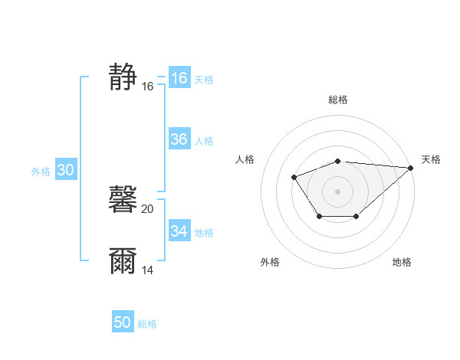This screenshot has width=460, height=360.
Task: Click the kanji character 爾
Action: [x=123, y=261]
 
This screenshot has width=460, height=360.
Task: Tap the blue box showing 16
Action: [x=179, y=78]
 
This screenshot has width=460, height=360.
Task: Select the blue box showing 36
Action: [x=179, y=139]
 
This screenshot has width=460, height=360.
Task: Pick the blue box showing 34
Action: [x=179, y=231]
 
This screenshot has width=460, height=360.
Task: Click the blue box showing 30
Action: [x=65, y=171]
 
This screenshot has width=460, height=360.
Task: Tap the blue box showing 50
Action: [x=123, y=322]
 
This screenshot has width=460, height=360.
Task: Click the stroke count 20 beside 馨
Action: [x=148, y=209]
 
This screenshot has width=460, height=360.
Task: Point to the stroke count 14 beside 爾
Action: [x=148, y=270]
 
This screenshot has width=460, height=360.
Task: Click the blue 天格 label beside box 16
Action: [x=204, y=79]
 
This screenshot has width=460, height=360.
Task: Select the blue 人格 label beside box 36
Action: [x=204, y=141]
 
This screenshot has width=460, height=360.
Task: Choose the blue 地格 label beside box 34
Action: [x=204, y=233]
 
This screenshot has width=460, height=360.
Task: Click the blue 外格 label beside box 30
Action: [x=41, y=172]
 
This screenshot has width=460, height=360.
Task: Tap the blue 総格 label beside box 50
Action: [x=147, y=324]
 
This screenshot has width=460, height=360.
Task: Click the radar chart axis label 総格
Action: [x=338, y=100]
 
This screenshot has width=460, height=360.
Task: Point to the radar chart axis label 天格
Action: [x=431, y=159]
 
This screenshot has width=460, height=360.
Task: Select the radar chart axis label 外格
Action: [x=270, y=263]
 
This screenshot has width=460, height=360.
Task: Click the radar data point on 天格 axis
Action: [x=411, y=168]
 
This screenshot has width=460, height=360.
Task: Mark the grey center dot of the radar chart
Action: [x=337, y=191]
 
